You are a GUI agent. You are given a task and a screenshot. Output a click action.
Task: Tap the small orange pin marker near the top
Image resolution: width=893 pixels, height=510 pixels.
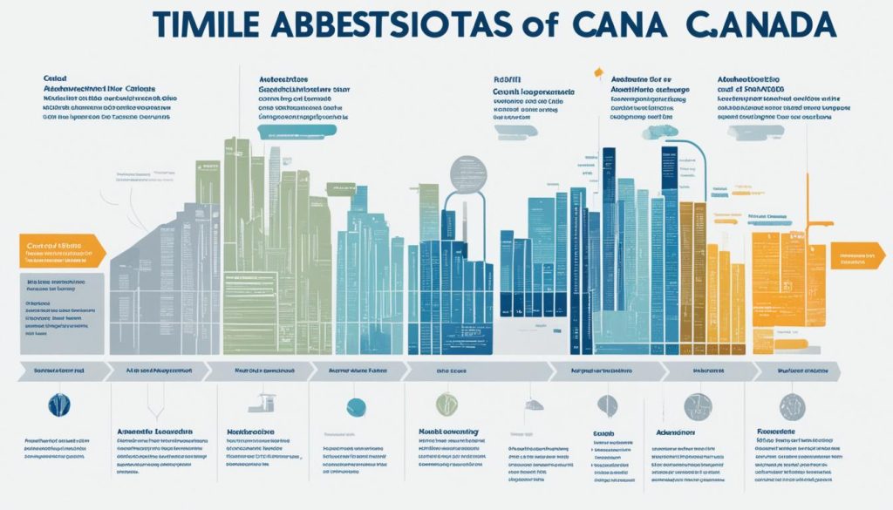coord(597,73)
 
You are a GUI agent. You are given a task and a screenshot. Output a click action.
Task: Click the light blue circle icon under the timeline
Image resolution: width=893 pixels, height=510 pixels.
coord(356,405)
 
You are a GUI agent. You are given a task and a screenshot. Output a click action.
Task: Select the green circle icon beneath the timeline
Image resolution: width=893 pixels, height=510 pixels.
coord(446,404)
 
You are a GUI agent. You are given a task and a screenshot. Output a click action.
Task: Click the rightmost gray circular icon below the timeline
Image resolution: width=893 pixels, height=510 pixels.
coord(793,405)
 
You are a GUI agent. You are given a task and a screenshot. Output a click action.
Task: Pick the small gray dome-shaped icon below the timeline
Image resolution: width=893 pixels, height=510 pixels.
coord(532,405)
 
